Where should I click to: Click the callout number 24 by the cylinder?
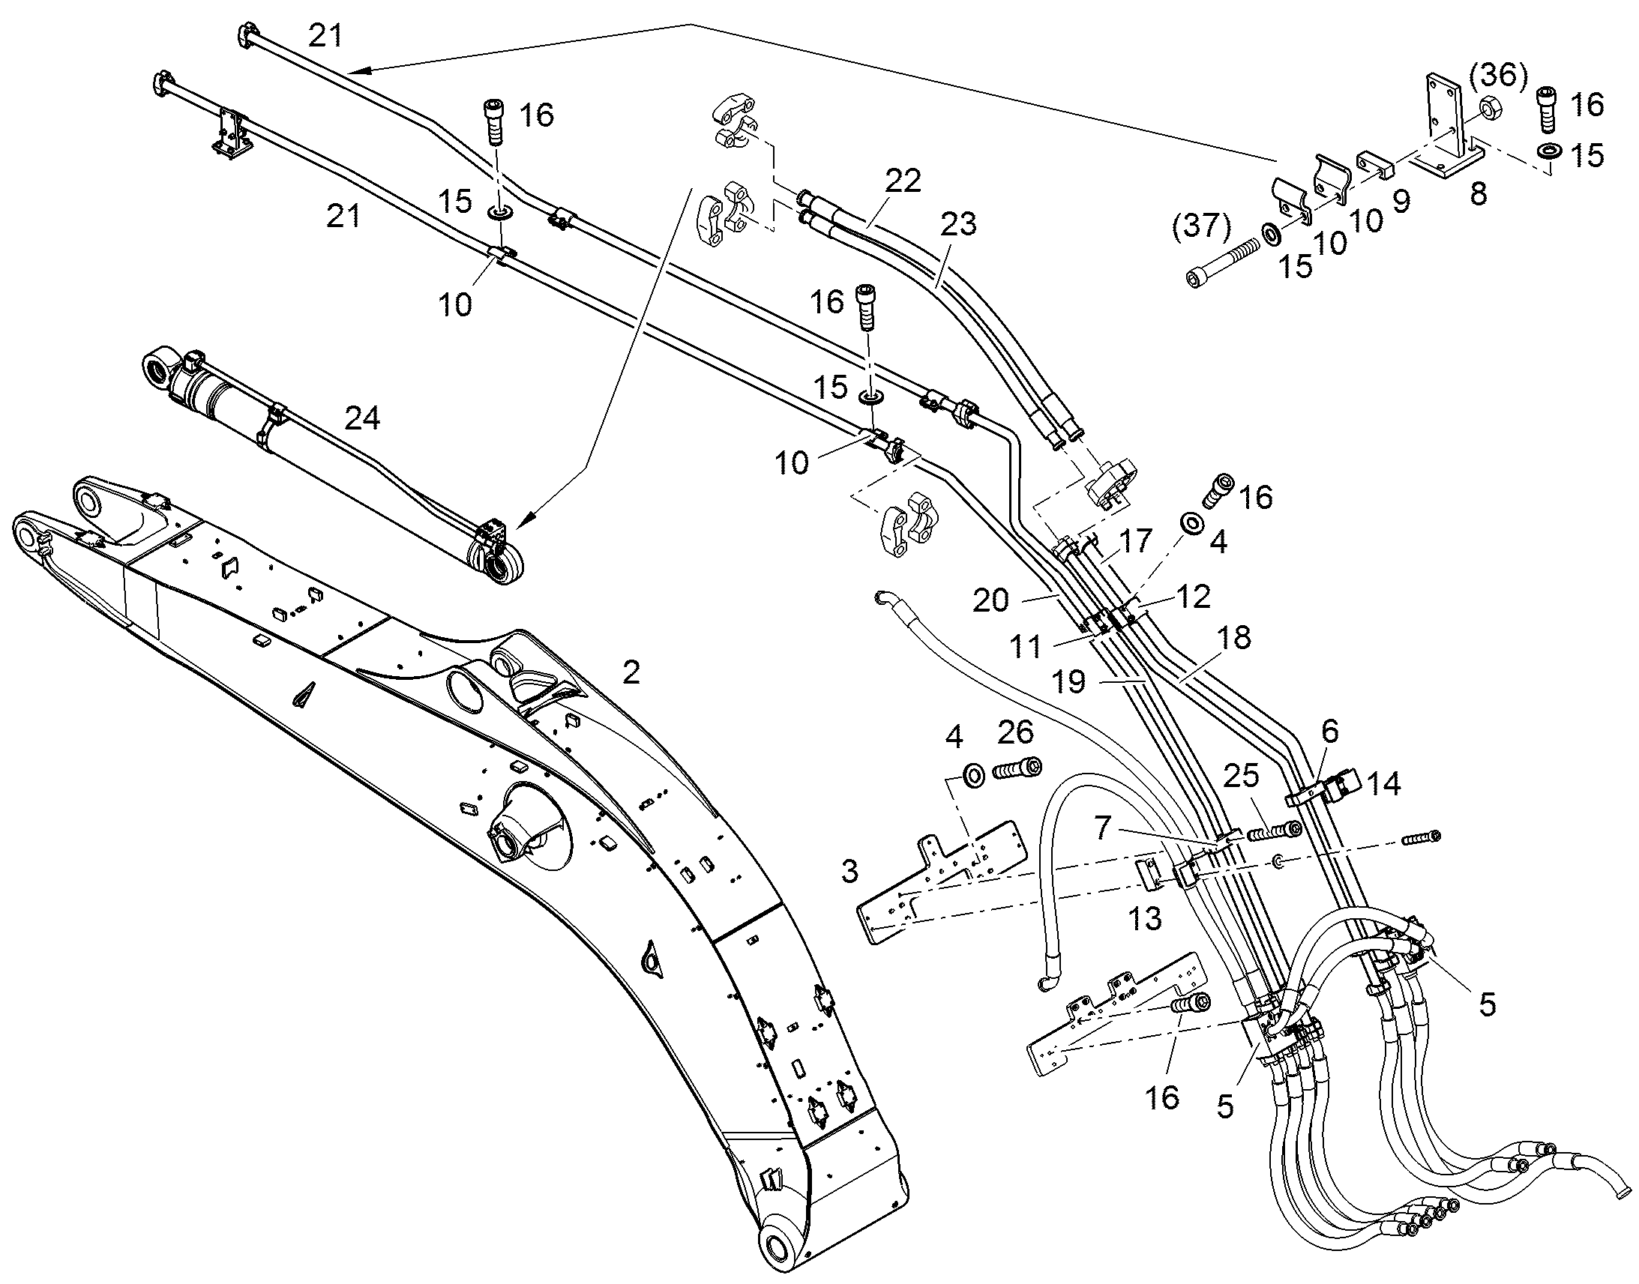[x=361, y=418]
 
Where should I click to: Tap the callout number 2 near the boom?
[x=631, y=673]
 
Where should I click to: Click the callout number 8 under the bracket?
[x=1478, y=194]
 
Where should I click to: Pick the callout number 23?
[x=958, y=223]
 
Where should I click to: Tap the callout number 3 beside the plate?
[x=849, y=871]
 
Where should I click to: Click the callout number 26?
[x=1016, y=732]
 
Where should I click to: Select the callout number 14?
[x=1384, y=784]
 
